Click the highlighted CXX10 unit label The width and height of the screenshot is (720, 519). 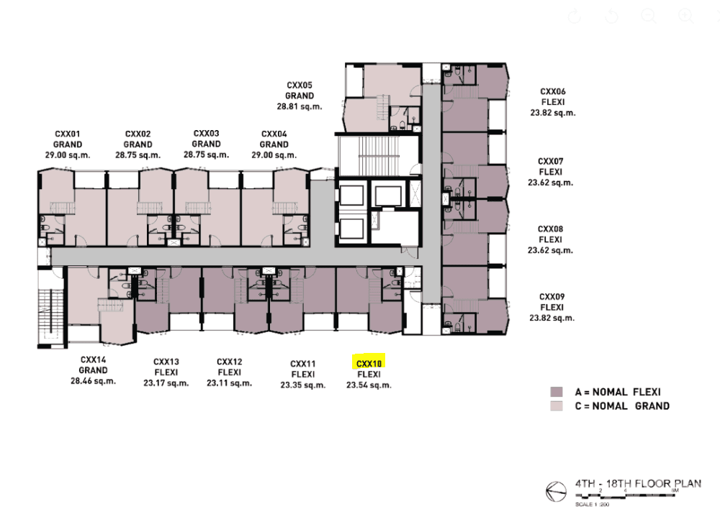coord(369,364)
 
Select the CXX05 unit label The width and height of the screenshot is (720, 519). coord(300,85)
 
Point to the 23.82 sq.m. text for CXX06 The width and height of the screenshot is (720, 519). coord(553,113)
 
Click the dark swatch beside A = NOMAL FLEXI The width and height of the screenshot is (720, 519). coord(556,392)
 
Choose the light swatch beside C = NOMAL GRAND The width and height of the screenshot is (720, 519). coord(556,406)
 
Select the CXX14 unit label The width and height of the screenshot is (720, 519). coord(94,359)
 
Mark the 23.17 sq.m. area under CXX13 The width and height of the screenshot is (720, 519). coord(166,383)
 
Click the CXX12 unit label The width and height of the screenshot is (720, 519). coord(229,362)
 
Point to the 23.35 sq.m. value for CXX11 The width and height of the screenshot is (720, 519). coord(303,385)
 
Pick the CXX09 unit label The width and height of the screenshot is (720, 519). coord(552,296)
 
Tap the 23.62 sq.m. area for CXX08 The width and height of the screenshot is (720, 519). coord(551,250)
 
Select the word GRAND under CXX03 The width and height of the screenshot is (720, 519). coord(206,144)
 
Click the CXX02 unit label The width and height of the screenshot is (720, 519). coord(138,134)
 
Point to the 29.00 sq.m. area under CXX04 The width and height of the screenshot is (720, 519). coord(274,155)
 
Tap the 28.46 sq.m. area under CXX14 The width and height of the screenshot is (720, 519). coord(94,381)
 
